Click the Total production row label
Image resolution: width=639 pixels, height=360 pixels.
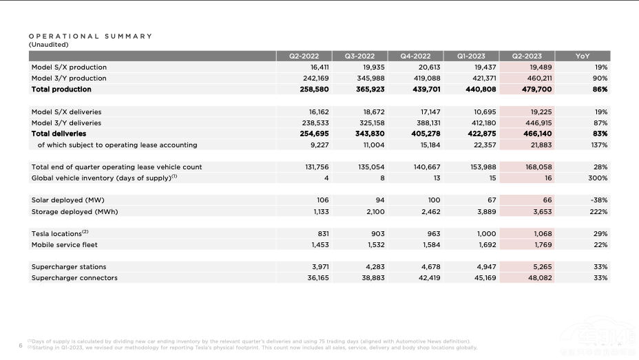tap(61, 89)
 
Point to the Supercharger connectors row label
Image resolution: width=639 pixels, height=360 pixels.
tap(74, 278)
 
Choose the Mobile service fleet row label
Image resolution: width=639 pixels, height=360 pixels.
tap(65, 244)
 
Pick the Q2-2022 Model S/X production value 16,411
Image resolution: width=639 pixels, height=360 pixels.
tap(317, 67)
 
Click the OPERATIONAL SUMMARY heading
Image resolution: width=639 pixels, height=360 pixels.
tap(90, 36)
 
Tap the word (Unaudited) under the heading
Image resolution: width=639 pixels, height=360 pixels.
tap(49, 45)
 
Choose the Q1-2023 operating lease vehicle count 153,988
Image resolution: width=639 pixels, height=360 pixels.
tap(482, 167)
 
